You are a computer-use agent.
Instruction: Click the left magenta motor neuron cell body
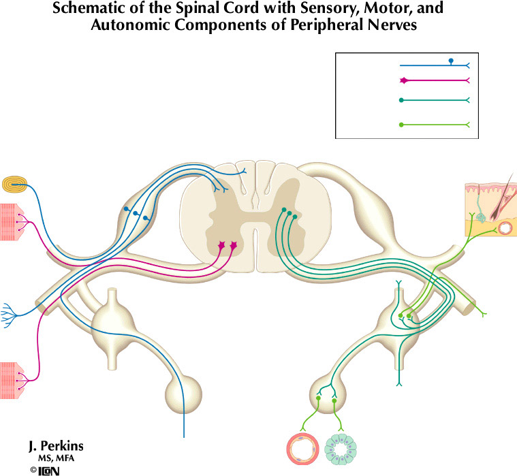pyautogui.click(x=221, y=245)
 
